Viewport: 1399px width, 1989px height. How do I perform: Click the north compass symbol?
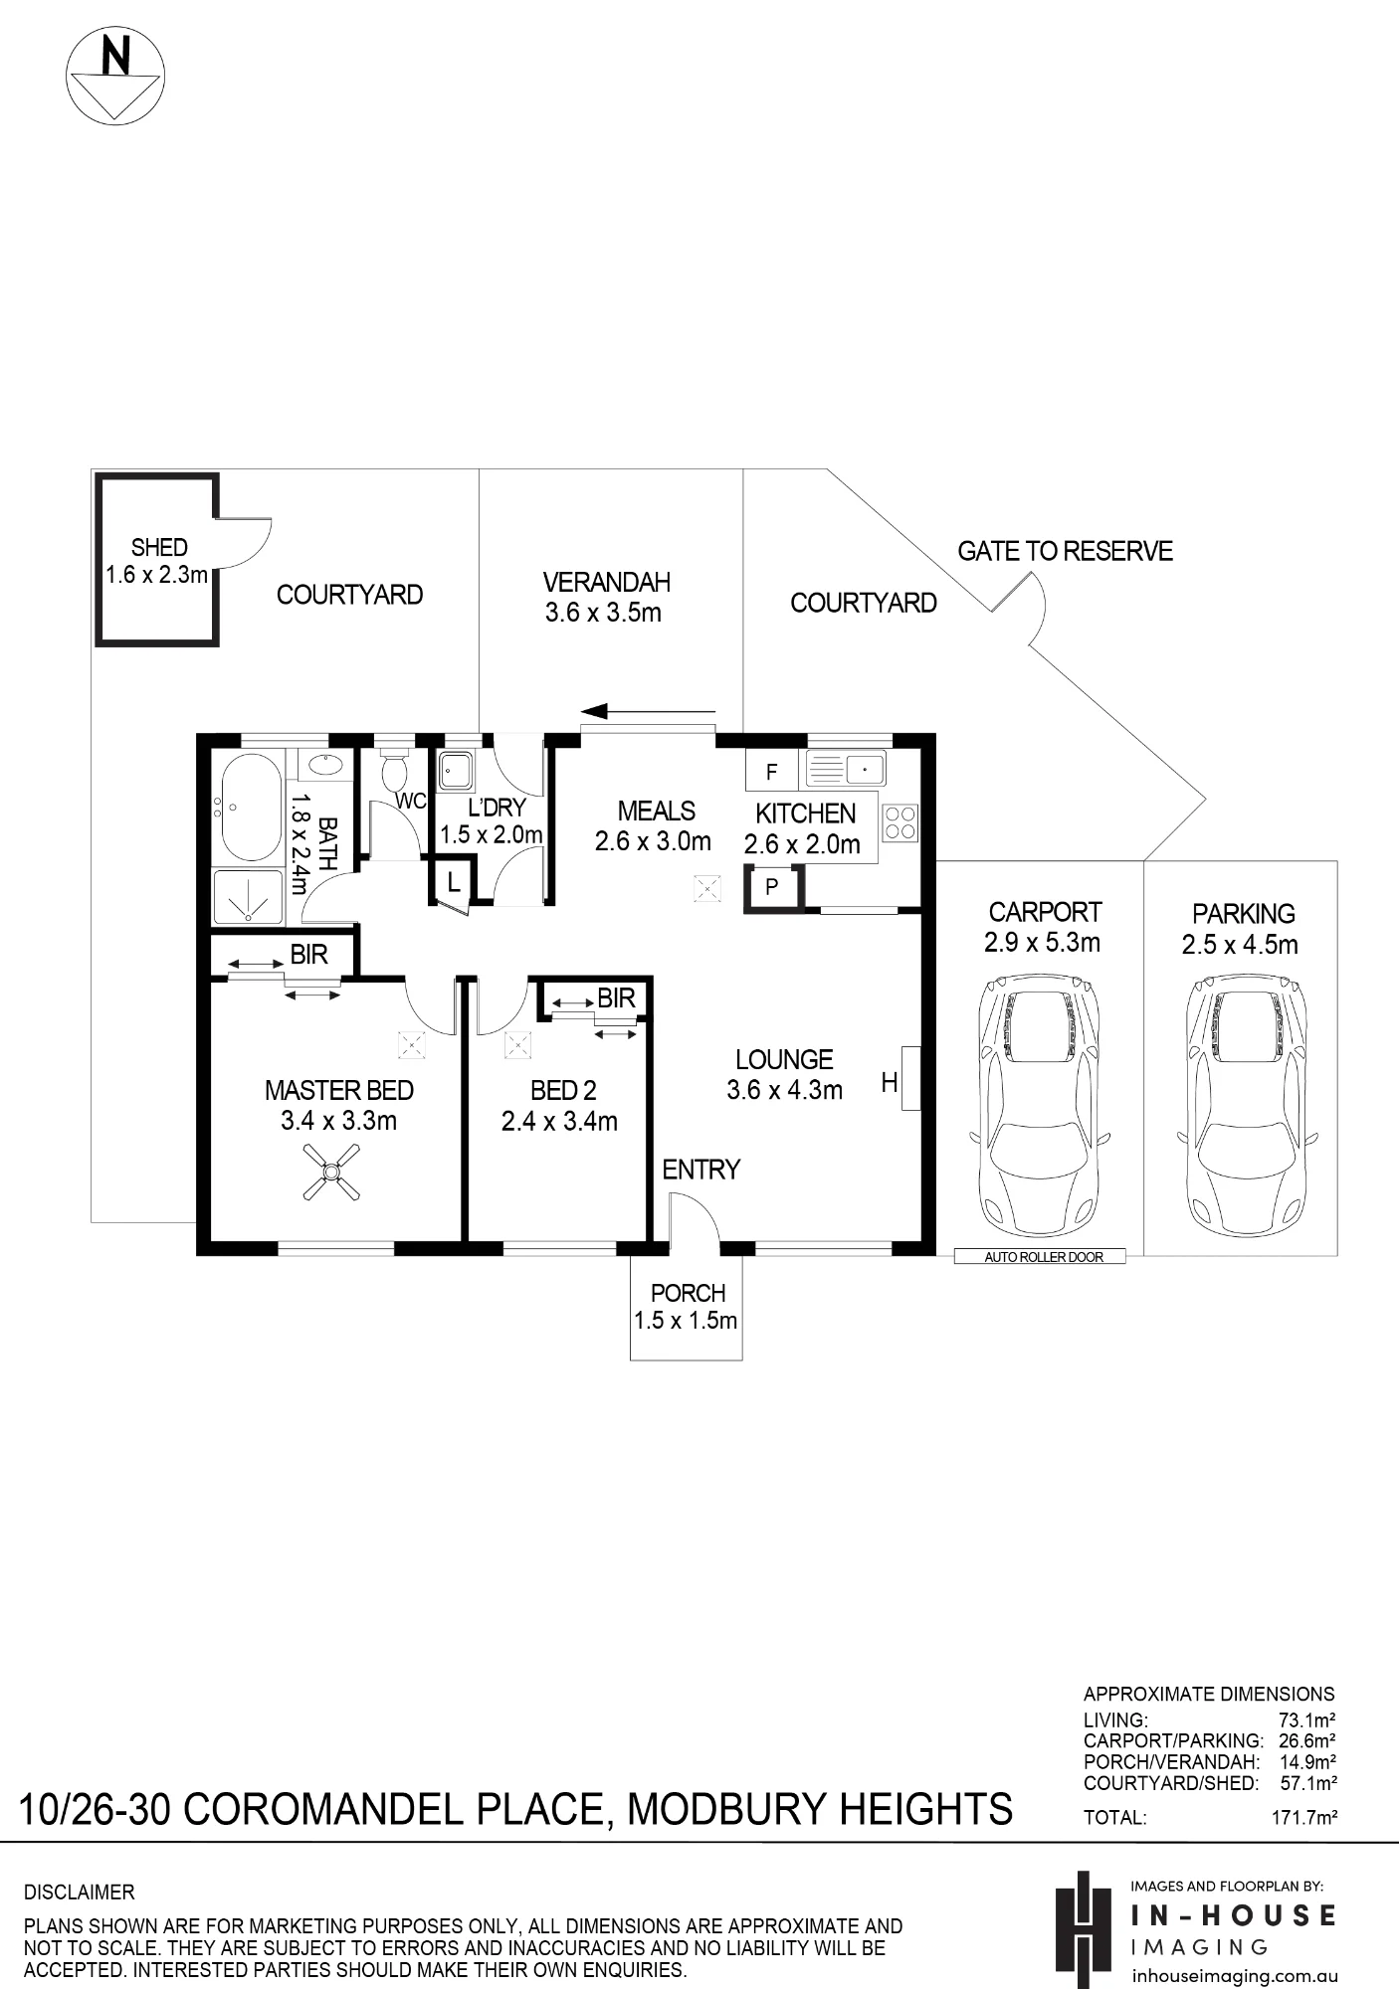(x=114, y=77)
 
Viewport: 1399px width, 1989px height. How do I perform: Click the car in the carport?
(x=1040, y=1105)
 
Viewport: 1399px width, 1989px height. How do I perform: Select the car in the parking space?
(x=1247, y=1105)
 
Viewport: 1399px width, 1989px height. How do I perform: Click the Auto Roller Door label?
(x=1044, y=1257)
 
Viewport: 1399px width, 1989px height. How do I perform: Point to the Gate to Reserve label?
(x=1065, y=551)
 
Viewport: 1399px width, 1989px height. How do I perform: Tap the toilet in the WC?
(x=395, y=770)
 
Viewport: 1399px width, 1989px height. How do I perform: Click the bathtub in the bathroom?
(x=251, y=808)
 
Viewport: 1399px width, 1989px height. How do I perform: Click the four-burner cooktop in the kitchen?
(x=900, y=822)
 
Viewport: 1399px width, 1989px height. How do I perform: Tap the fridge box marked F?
(x=771, y=772)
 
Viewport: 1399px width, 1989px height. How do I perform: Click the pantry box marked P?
(x=771, y=887)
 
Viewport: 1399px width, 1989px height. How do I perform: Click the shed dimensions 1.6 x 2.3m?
(x=157, y=575)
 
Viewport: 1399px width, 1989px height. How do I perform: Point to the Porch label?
(x=688, y=1293)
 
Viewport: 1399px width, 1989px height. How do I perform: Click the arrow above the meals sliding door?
(x=648, y=711)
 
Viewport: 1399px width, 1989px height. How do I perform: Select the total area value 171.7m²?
(x=1303, y=1818)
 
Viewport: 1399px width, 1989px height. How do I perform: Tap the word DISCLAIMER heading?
(x=79, y=1892)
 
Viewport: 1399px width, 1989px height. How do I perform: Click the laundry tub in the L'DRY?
(x=456, y=771)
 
